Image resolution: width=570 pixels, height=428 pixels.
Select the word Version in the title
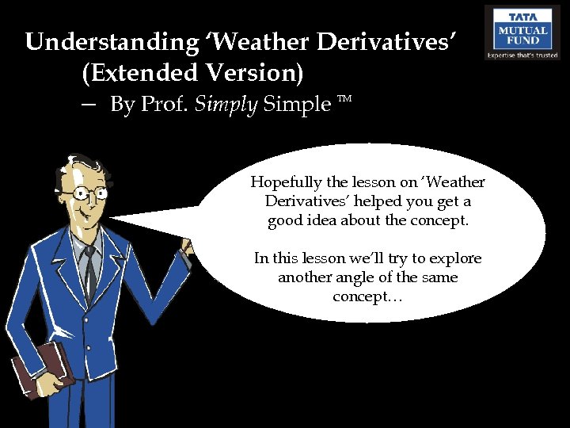[253, 72]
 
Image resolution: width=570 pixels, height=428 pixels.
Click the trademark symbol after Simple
[344, 101]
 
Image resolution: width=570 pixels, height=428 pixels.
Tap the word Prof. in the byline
[162, 105]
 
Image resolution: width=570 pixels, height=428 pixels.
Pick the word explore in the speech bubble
[455, 259]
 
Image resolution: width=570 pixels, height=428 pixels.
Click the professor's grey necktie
[90, 270]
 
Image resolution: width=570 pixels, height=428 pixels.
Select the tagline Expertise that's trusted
[522, 55]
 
